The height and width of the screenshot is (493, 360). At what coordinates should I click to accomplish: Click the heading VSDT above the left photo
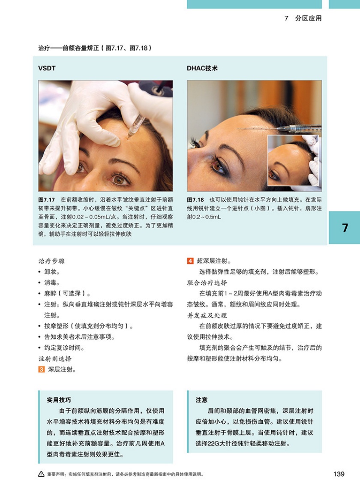pos(47,68)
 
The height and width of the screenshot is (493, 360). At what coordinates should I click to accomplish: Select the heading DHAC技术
pos(202,68)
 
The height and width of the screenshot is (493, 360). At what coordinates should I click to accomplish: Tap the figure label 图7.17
pos(47,200)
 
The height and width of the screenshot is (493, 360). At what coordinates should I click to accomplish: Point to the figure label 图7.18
pos(195,200)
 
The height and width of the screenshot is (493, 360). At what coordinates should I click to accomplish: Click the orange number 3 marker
pos(42,370)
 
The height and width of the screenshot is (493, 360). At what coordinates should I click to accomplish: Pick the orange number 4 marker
pos(190,261)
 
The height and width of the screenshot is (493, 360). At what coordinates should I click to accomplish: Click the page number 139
pos(339,474)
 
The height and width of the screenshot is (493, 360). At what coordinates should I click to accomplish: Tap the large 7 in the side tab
pos(345,228)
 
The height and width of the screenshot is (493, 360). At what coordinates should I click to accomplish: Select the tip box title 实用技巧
pos(59,400)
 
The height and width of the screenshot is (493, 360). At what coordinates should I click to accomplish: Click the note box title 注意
pos(201,400)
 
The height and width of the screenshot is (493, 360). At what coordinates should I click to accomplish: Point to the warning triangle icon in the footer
pos(41,474)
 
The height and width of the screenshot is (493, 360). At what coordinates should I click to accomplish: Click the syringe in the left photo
pos(136,126)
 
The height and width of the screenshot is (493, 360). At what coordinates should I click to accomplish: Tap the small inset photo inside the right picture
pos(293,160)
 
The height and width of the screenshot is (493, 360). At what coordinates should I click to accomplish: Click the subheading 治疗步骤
pos(51,261)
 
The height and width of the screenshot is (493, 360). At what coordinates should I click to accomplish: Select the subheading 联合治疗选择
pos(207,283)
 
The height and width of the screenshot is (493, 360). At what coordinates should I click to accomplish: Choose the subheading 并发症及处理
pos(207,316)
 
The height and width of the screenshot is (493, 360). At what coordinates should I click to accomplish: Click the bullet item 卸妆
pos(52,272)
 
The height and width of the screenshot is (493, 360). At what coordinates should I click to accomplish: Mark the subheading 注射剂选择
pos(55,359)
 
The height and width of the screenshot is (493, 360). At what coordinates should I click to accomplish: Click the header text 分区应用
pos(309,18)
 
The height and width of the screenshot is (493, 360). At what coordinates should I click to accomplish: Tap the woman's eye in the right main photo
pos(218,166)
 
